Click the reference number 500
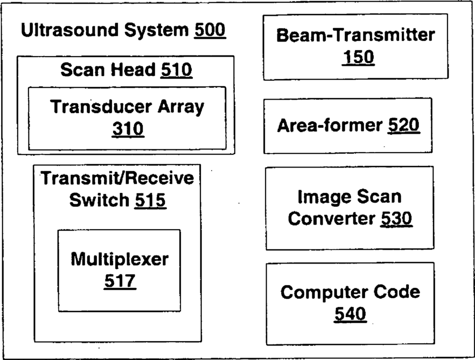[x=209, y=31]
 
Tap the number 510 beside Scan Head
[x=176, y=70]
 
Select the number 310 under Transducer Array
[x=128, y=129]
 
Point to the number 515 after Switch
[x=150, y=200]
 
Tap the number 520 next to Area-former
[x=403, y=126]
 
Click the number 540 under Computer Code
[x=350, y=313]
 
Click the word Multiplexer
[x=120, y=259]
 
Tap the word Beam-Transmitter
[x=355, y=36]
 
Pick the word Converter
[x=331, y=219]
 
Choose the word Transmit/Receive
[x=117, y=178]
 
